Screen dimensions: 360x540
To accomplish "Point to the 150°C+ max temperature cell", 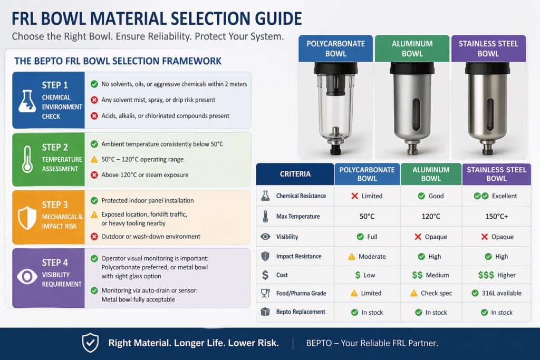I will coord(496,216).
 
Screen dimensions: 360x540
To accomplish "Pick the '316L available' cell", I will coord(496,293).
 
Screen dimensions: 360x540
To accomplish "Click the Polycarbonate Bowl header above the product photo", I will coord(335,48).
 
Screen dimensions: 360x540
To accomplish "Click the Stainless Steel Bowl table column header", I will coord(496,174).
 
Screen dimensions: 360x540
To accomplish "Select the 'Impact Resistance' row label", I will coord(298,256).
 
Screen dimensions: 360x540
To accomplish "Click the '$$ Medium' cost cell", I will coord(431,275).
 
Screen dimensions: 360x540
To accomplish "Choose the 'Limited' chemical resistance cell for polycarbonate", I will coord(367,196).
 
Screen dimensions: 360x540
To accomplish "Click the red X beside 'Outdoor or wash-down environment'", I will coord(94,236).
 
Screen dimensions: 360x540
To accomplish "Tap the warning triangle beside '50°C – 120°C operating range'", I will coord(94,159).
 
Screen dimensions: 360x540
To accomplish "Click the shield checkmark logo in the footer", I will coord(90,343).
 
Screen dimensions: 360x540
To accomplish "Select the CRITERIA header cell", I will coord(295,174).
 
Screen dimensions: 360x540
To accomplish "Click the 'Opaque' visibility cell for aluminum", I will coord(431,237).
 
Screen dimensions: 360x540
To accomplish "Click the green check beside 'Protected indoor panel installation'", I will coord(94,200).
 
